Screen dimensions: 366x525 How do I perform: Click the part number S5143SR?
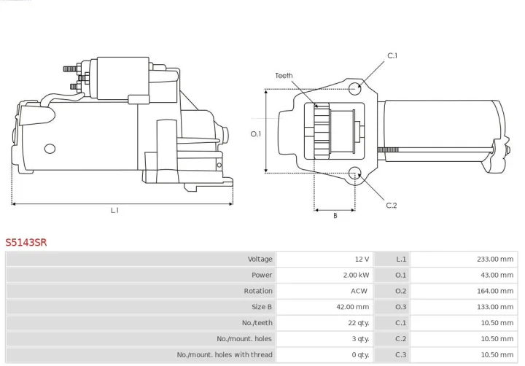coord(26,242)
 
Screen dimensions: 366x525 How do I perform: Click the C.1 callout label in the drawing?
coord(392,55)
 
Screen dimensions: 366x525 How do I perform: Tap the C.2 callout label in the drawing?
coord(392,205)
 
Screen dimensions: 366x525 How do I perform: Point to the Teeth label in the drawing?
coord(284,76)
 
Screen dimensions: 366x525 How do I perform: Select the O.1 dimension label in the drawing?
coord(256,133)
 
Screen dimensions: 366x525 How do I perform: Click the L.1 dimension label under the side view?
coord(114,210)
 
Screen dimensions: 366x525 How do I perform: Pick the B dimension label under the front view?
coord(335,216)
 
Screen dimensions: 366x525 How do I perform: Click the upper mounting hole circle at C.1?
coord(355,90)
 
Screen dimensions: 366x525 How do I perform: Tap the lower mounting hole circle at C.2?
coord(355,174)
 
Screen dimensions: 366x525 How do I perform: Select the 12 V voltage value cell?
coord(362,259)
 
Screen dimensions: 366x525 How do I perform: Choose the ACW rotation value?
coord(359,291)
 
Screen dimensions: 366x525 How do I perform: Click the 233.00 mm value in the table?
coord(494,259)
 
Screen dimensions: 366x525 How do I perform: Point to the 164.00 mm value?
coord(494,291)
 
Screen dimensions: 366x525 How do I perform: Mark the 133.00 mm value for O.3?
coord(494,307)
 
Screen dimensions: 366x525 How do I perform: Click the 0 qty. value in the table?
coord(359,355)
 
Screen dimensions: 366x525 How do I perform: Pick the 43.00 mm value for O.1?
coord(497,275)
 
